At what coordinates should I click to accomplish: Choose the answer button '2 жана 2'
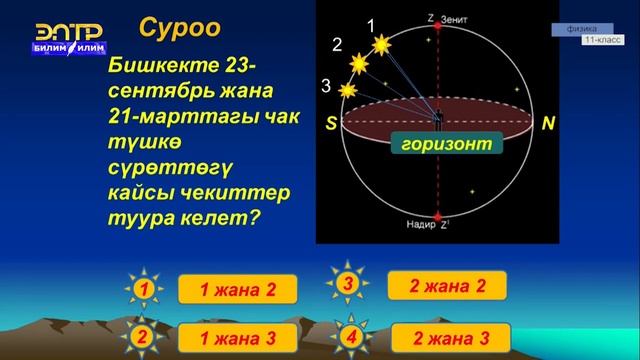447,286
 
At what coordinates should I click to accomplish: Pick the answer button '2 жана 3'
447,337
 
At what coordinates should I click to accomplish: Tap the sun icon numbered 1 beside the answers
144,290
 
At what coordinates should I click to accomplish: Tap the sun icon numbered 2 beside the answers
144,337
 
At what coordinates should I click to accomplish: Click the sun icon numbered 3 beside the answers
348,285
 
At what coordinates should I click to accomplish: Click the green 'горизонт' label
445,145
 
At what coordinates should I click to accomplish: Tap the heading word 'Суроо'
179,27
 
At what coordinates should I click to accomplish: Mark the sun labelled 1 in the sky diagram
380,45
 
